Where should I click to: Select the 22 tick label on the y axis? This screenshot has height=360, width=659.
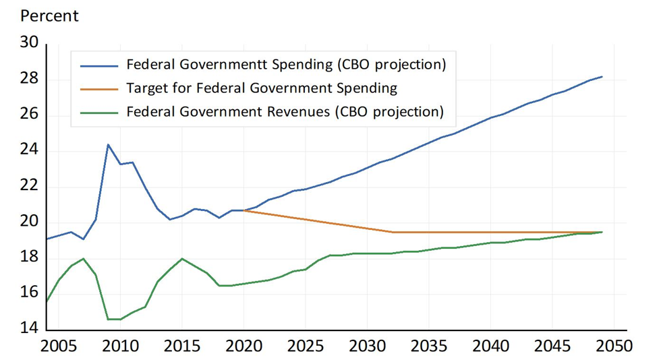[x=31, y=187]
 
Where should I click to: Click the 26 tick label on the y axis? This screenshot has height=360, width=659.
[x=31, y=115]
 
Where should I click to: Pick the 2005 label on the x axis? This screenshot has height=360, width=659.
[x=57, y=347]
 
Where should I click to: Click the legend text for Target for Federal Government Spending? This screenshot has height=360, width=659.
[x=262, y=88]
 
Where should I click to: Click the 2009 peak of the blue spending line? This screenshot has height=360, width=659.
[x=108, y=144]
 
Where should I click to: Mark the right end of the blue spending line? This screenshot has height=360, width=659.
[x=602, y=77]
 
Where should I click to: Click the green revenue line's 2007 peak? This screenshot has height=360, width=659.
[x=83, y=258]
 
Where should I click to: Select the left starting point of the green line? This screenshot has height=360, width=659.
[x=46, y=301]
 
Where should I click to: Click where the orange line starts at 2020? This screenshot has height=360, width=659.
[x=243, y=210]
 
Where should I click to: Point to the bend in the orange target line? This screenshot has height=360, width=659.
[x=393, y=232]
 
